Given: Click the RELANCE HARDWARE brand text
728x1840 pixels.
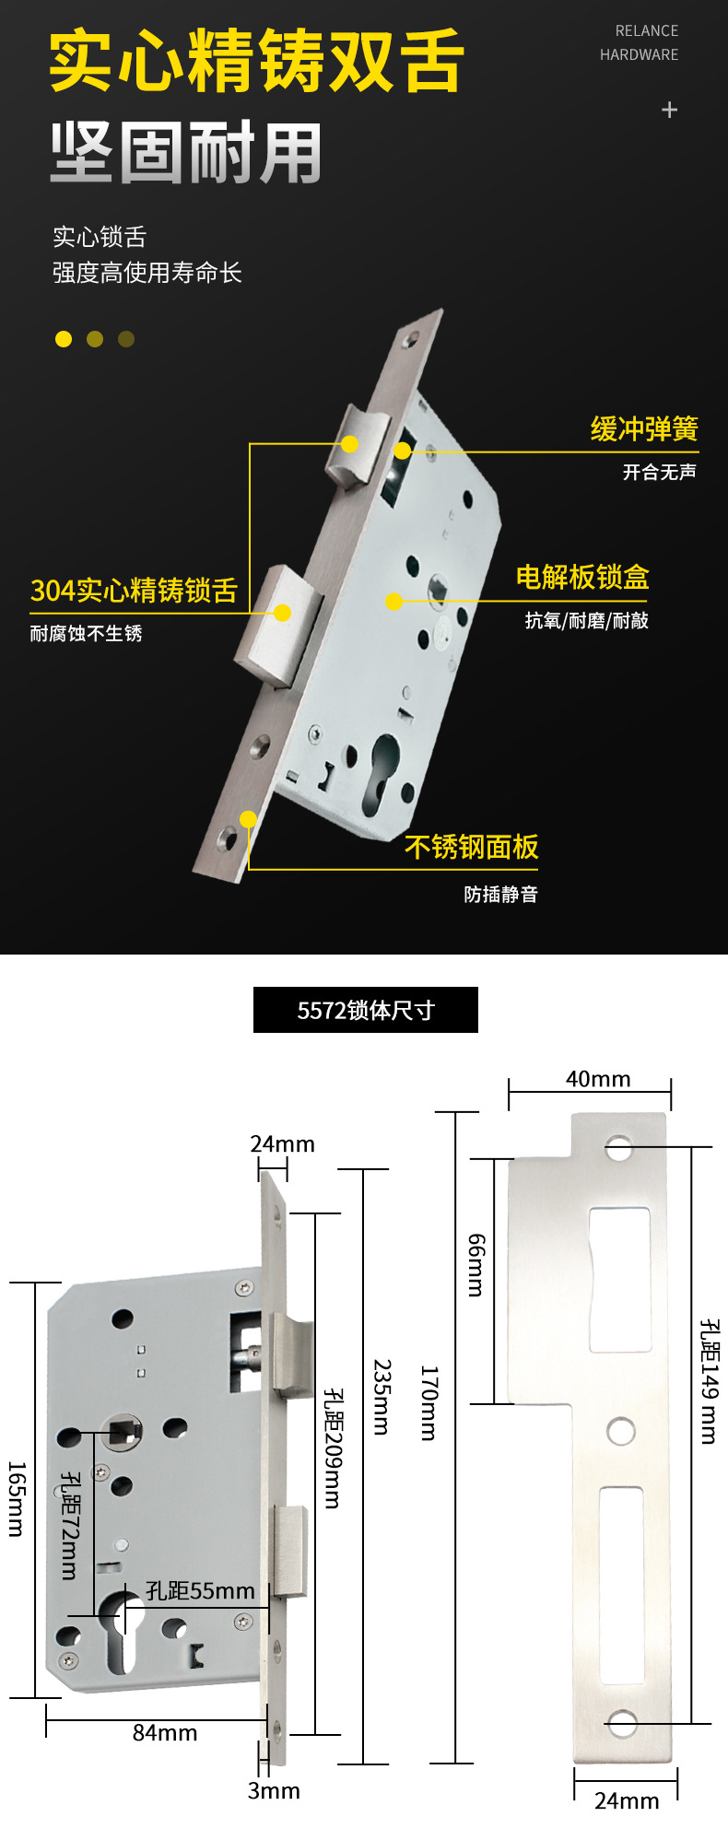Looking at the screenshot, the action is pos(640,42).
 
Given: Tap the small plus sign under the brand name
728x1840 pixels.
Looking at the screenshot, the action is pos(670,110).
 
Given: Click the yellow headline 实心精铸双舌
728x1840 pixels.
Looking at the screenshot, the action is pos(256,61).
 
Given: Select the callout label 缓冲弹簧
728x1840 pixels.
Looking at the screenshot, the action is pos(644,429).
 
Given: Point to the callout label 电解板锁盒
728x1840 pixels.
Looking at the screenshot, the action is pos(582,578).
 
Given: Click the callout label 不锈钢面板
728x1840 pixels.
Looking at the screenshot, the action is pos(471,847).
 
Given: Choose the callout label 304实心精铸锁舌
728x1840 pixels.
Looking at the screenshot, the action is pos(134,591).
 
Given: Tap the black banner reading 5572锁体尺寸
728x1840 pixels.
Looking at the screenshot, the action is pos(366,1010).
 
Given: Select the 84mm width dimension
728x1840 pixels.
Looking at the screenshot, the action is pos(165,1733).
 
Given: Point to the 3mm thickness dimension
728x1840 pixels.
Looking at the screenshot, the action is pos(274,1790).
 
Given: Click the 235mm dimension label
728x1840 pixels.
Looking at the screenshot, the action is pos(382,1397).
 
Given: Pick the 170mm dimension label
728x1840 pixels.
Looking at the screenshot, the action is pos(429,1403).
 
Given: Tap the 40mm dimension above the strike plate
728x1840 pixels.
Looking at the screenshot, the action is pos(598,1079).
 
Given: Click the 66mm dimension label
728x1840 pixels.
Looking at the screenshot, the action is pos(476,1265).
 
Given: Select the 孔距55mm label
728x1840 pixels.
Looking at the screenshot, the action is pos(200,1591).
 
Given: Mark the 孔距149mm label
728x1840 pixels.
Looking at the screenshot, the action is pos(709,1381).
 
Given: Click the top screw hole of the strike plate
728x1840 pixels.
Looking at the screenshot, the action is pos(618,1148).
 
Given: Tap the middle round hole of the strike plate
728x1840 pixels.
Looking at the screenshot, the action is pos(621,1431).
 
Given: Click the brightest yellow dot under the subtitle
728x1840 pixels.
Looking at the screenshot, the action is pos(64,339).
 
